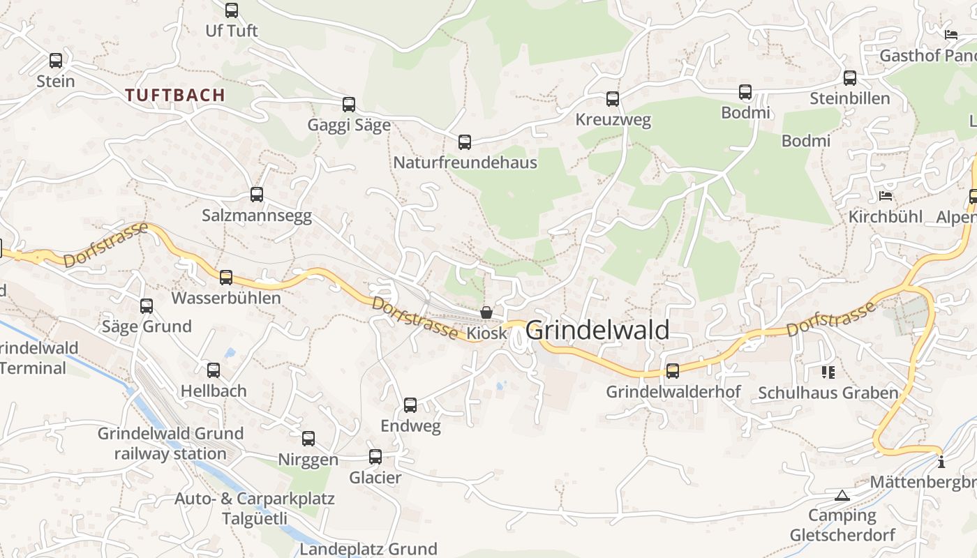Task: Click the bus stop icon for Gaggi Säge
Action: point(349,105)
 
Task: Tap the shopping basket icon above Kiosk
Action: point(486,312)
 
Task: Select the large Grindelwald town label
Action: point(597,331)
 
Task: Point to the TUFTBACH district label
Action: point(175,95)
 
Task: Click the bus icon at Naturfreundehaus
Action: point(465,142)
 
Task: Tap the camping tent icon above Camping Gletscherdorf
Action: point(842,495)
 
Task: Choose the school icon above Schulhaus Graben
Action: point(828,372)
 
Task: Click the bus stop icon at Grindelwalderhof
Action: point(673,371)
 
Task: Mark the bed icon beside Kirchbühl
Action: point(886,196)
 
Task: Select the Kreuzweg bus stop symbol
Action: point(613,99)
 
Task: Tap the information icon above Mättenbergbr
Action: point(941,461)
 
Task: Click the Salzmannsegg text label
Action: point(257,216)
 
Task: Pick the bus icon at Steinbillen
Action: point(850,78)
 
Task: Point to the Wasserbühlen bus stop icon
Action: point(226,278)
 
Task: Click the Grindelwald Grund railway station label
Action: point(170,444)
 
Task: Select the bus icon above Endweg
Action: point(410,405)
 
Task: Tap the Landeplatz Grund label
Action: point(368,549)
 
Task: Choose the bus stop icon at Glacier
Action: point(375,457)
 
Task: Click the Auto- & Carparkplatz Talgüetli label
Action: point(255,508)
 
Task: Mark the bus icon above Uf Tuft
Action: point(232,10)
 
